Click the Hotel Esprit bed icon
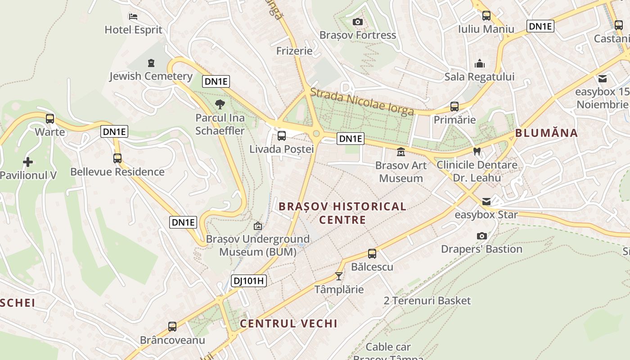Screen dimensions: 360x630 (133, 17)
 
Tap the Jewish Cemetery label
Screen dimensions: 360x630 (151, 76)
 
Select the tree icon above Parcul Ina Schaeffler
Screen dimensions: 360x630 (220, 105)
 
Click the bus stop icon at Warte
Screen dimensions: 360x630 (50, 119)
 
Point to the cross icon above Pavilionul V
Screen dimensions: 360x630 (28, 162)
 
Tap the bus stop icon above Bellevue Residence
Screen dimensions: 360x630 (117, 158)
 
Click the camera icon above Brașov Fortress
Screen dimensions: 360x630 (358, 22)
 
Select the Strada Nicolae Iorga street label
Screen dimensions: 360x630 (362, 102)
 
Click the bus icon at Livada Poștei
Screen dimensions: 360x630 (282, 135)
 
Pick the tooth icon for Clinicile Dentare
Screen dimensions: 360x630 (477, 152)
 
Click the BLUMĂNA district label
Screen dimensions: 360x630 (546, 133)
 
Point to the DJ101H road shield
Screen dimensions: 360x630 (249, 281)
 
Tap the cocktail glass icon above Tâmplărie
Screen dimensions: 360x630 (339, 276)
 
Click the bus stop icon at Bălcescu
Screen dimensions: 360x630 (372, 253)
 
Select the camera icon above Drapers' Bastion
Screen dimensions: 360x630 (481, 236)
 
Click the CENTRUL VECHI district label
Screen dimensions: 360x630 (288, 324)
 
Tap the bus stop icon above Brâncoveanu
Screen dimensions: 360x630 (172, 327)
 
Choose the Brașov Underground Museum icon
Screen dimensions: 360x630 (258, 225)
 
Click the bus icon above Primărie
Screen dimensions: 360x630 (454, 107)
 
